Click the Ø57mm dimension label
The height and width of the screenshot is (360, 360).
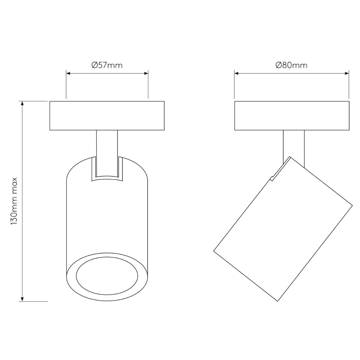click(107, 65)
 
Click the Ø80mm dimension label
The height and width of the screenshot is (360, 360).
click(291, 65)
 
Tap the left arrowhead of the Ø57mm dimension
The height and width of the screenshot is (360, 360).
click(68, 73)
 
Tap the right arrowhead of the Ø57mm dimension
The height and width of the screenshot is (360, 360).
click(146, 73)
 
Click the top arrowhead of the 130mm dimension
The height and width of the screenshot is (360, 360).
click(22, 103)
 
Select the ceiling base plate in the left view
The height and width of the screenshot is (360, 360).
click(107, 115)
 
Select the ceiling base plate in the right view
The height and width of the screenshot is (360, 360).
click(292, 115)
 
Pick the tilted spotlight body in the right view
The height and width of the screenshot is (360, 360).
click(283, 228)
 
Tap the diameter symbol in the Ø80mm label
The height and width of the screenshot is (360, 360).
click(278, 65)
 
